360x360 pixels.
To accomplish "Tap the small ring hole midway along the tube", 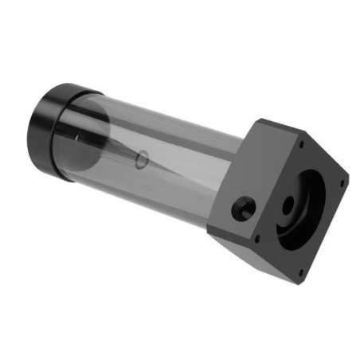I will (x=142, y=159).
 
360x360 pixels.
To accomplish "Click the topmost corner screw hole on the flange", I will (x=301, y=145).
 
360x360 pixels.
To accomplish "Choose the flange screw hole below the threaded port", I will (x=258, y=237).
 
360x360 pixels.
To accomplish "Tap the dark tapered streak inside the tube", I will (x=119, y=151).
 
